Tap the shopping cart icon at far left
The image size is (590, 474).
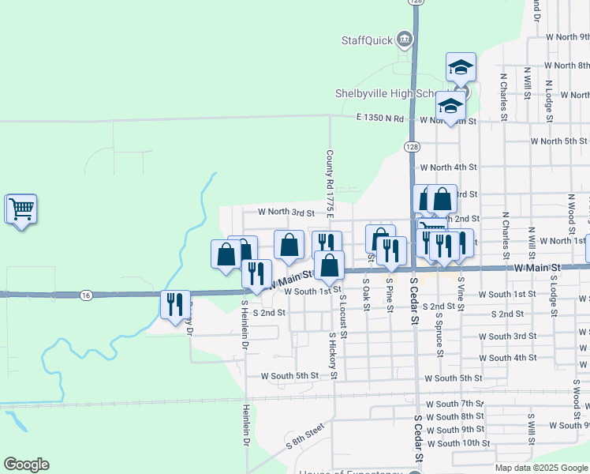[21, 209]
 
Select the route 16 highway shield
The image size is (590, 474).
[86, 295]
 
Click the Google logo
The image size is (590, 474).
[26, 465]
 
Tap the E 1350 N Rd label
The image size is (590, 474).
[379, 119]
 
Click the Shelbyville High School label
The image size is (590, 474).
[385, 93]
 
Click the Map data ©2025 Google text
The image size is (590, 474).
[540, 468]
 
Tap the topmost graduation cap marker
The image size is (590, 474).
[461, 68]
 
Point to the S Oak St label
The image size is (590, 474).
[366, 293]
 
